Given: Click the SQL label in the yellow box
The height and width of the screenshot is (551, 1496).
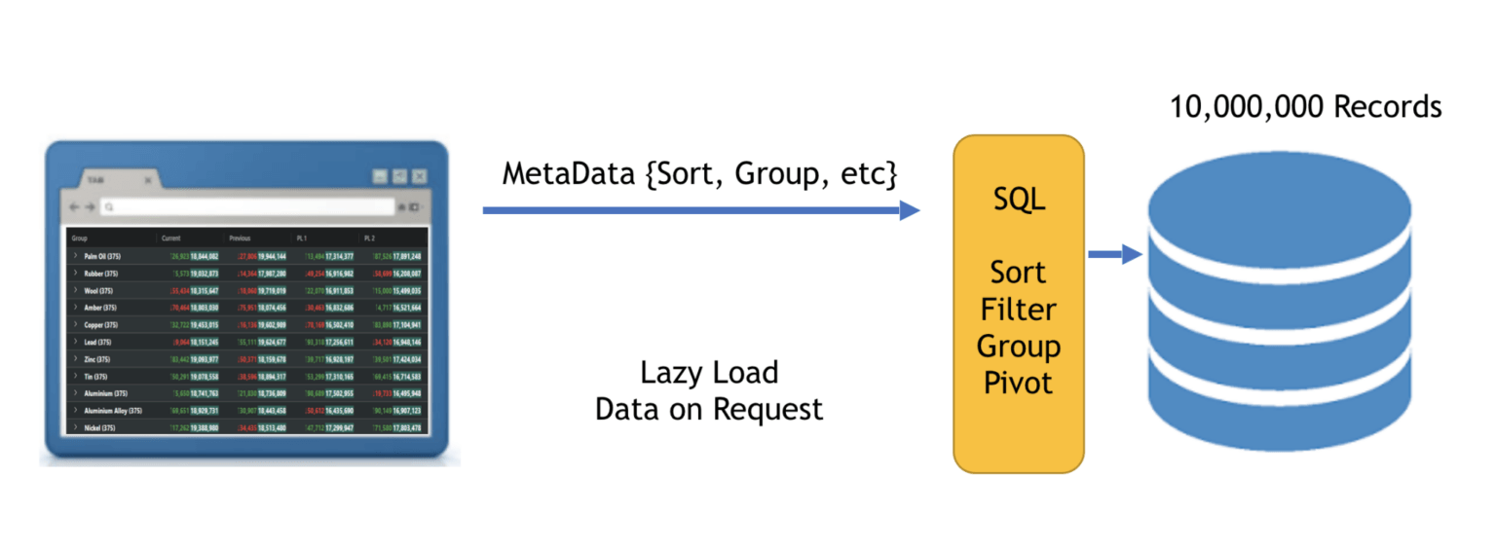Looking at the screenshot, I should pos(1018,200).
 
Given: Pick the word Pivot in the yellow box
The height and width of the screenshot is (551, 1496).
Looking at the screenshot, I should pos(1018,383).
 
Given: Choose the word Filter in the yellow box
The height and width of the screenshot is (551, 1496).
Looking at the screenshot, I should pos(1018,310).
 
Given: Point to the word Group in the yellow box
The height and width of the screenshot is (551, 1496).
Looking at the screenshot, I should pos(1018,346).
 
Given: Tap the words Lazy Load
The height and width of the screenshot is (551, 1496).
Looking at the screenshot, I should pos(709,373).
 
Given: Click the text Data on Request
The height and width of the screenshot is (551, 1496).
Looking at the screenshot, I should pos(709,409).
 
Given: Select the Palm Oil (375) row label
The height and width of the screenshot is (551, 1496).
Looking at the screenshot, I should pos(101,256).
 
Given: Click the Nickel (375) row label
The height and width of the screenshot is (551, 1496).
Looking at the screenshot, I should pos(99,427).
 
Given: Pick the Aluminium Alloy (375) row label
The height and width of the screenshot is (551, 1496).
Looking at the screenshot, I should pos(113,411).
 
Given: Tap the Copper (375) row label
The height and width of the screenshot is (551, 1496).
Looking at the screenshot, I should pos(100,324).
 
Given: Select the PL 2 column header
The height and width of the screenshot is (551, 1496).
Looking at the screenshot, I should pos(369,238).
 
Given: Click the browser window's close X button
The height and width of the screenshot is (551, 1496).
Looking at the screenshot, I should pos(419,176).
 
